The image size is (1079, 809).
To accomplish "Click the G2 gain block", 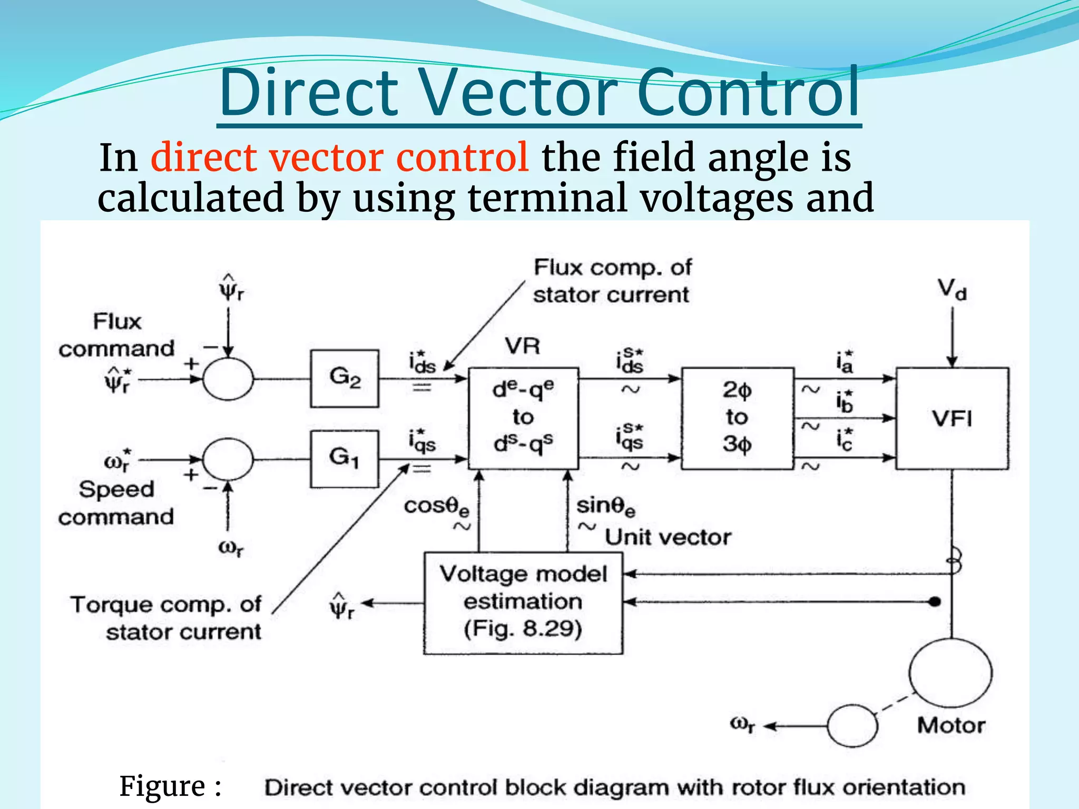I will coord(345,378).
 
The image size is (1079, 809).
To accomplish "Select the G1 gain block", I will coord(344,459).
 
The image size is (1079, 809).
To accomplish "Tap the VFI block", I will coord(952,419).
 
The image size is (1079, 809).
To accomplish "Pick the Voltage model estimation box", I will coord(523,603).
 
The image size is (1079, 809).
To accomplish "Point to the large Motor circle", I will coord(950,673).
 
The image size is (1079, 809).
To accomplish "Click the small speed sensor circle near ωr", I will coord(852,726).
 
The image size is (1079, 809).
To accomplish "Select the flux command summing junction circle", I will coord(228,379).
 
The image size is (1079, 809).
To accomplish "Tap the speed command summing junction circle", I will coord(228,459).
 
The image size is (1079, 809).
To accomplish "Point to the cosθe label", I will coord(436,507).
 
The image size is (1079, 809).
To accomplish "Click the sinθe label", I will coord(605,506).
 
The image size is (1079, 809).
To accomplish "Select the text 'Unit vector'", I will coord(668,537).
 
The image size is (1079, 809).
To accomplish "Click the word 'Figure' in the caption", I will coord(162,786).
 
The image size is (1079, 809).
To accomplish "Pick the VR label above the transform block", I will coord(522,346).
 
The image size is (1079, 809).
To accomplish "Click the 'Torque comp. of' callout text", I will coord(166,605).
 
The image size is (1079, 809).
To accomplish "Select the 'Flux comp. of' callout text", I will coord(612,268).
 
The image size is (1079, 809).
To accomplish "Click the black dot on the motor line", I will coord(935,601).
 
